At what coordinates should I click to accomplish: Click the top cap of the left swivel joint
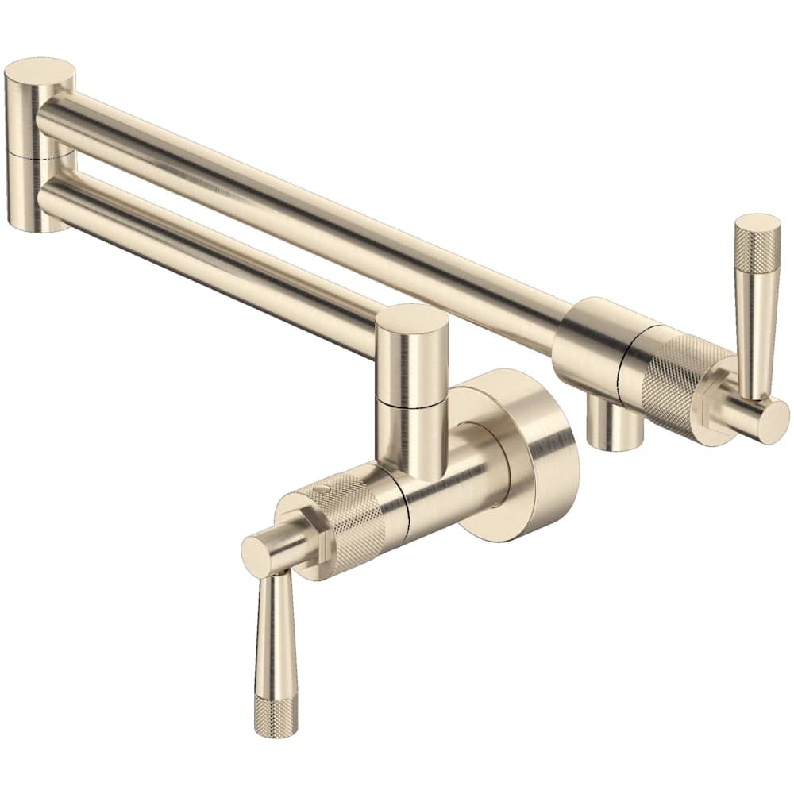(40, 71)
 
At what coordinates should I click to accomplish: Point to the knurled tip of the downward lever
(276, 715)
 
